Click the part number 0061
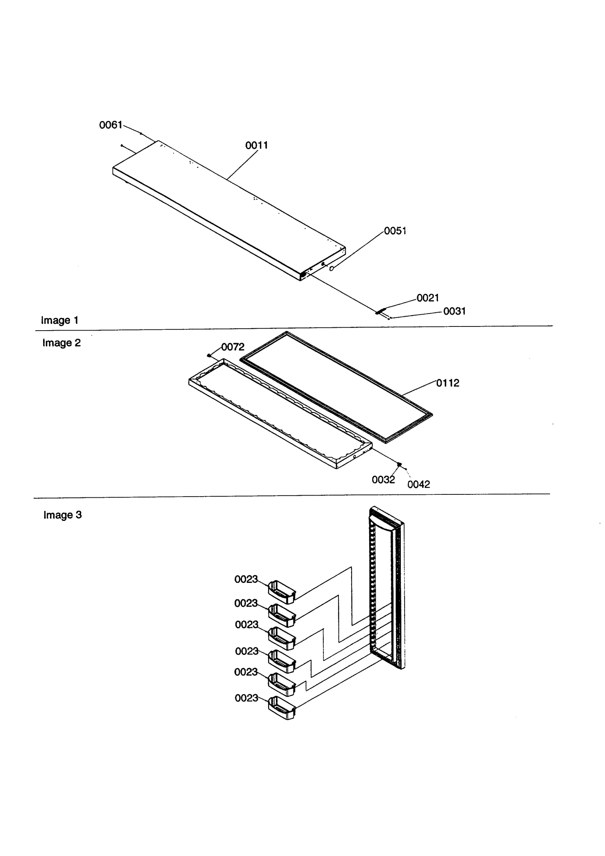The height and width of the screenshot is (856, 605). coord(110,125)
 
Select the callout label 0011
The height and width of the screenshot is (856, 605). coord(256,145)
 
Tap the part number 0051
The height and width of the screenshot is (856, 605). coord(395,231)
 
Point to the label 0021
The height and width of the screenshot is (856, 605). coord(428,298)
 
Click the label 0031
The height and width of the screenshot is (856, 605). coord(454,311)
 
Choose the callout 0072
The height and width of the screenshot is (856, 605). coord(233,346)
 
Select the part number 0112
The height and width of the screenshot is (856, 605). coord(448,383)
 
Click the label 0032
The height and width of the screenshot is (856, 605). coord(383,480)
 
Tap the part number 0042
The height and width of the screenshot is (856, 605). coord(419,484)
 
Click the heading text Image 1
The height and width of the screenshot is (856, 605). coord(60,320)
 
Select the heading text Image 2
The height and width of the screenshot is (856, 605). coord(61,343)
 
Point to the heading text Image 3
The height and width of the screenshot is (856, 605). coord(62,515)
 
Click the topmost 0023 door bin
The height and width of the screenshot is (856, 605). coord(281,592)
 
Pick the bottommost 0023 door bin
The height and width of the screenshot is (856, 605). coord(281,708)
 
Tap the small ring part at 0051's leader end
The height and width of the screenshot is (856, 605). coord(332,268)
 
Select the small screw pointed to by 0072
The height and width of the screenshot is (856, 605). coord(209,355)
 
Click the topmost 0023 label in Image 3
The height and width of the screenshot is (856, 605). coord(246,579)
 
